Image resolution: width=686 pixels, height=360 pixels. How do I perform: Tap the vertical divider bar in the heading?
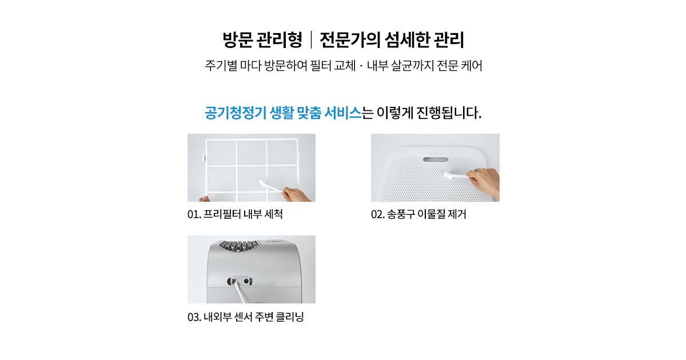pos(311,40)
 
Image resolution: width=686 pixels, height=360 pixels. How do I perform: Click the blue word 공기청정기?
pos(235,113)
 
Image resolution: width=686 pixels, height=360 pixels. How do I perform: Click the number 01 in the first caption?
pos(194,214)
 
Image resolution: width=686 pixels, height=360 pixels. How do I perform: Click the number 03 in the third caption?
pos(194,317)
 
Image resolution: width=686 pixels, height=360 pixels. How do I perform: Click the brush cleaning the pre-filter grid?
pos(272,187)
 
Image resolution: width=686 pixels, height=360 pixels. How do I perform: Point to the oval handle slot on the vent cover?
pos(436,159)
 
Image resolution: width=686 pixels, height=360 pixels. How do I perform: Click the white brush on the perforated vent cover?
pos(456,176)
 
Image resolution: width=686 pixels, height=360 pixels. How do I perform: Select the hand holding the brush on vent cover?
pos(484,183)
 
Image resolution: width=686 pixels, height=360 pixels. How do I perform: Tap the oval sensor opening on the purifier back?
pos(241,281)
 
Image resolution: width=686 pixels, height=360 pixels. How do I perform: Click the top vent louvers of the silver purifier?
pos(239,246)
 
